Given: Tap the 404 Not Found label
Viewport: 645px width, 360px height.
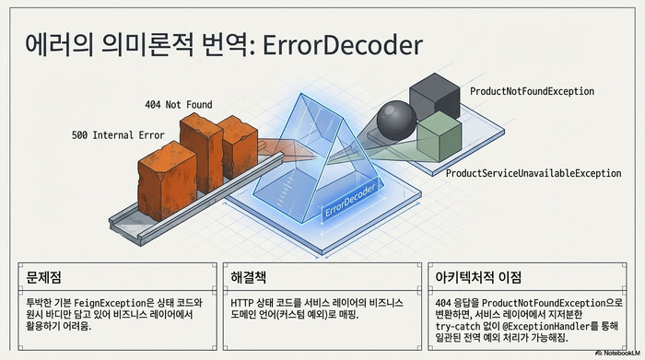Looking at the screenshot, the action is coord(181,103).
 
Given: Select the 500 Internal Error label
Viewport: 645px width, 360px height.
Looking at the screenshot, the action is coord(118,135).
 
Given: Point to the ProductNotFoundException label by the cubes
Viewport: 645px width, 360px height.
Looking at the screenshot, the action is coord(532,92).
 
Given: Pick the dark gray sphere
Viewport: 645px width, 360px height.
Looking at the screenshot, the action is coord(397,121).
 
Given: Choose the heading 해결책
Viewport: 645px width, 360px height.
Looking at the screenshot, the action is coord(249,276).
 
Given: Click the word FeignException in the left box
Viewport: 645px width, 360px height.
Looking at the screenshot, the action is coord(110,301).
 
